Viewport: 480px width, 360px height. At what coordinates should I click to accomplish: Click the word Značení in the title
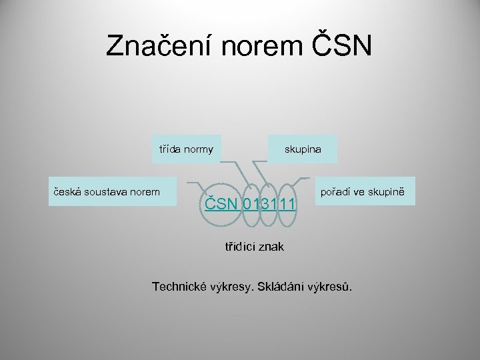tap(154, 46)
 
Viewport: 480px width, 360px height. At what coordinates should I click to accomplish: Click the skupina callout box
tap(303, 149)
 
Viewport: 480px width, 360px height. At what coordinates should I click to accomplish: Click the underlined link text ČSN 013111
tap(251, 203)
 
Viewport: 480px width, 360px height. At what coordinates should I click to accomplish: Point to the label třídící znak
tap(253, 247)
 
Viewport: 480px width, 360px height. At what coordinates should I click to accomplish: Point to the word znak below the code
tap(271, 247)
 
